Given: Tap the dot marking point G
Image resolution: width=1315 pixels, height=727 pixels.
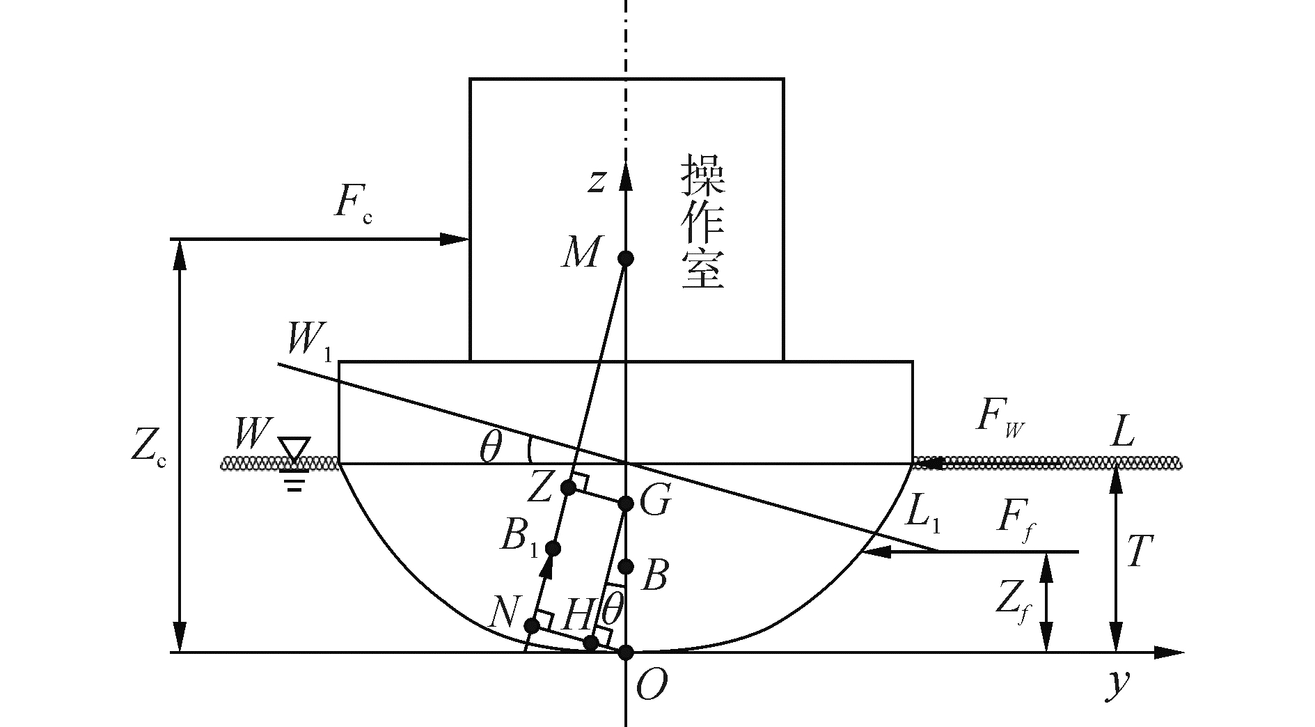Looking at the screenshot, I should (x=626, y=503).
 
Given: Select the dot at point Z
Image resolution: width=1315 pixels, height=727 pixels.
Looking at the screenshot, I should (x=569, y=487).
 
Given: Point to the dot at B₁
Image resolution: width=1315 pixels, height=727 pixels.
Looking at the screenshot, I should (x=553, y=548).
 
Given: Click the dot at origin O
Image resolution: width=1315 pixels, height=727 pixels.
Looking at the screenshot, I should (x=626, y=652).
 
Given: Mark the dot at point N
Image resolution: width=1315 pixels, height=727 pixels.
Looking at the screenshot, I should (x=533, y=625).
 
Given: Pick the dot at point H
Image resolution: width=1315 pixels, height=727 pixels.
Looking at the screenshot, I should (x=591, y=642).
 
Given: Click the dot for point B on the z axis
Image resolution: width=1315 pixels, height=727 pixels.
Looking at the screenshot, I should (x=626, y=565).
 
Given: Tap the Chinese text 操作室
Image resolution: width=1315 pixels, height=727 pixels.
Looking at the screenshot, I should (x=703, y=221).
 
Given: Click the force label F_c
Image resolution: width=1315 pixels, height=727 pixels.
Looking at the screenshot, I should (x=352, y=204).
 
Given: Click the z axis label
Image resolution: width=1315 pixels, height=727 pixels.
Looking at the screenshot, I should (x=596, y=180).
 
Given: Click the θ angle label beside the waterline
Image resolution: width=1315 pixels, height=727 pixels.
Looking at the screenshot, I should (x=491, y=449).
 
